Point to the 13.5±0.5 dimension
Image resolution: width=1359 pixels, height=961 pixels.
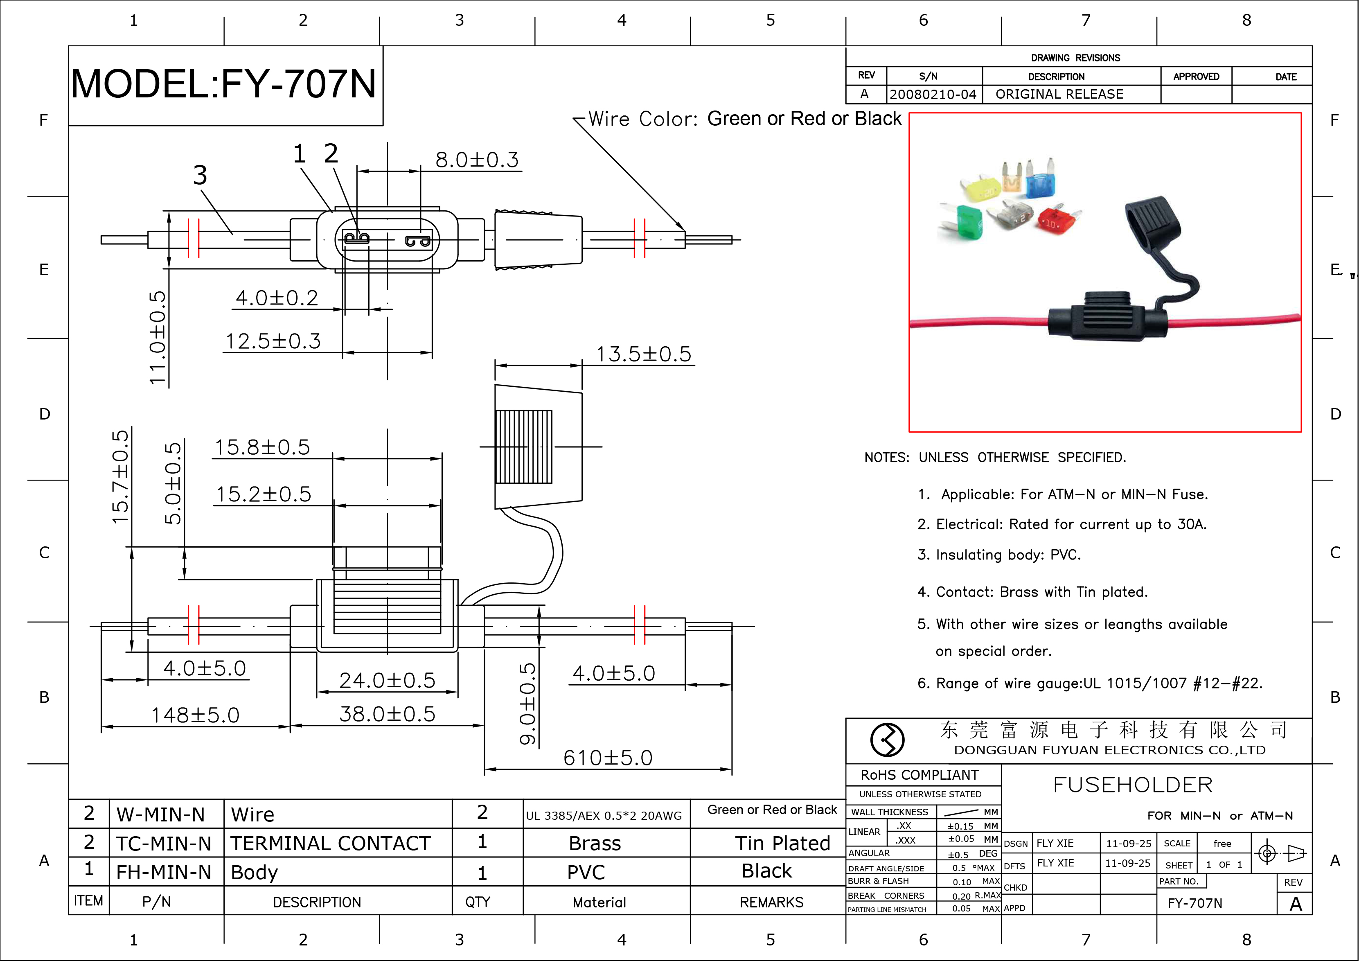[643, 354]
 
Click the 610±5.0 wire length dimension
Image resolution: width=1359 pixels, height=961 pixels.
[607, 758]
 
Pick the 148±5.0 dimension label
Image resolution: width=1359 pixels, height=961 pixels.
[195, 715]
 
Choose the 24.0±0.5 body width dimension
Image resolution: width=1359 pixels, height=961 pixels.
[387, 680]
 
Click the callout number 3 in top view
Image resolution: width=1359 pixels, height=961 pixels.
[200, 175]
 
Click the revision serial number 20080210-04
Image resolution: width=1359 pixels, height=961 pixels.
[933, 95]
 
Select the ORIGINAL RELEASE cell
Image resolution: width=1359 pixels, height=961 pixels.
[1059, 95]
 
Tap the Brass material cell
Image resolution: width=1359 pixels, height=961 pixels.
[595, 843]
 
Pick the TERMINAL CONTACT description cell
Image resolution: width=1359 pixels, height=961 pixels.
[330, 843]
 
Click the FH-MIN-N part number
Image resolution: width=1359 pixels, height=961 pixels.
[163, 872]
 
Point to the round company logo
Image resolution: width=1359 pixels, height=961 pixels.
[887, 740]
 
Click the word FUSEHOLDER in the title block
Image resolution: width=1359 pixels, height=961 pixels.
[1132, 785]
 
